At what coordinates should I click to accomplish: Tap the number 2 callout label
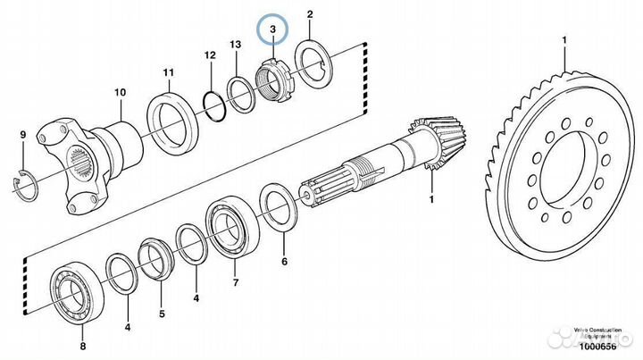pyautogui.click(x=310, y=15)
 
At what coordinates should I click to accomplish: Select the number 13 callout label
pyautogui.click(x=236, y=44)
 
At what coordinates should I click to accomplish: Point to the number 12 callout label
pyautogui.click(x=209, y=56)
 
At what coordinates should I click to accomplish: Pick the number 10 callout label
pyautogui.click(x=120, y=92)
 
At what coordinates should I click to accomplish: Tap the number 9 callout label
pyautogui.click(x=23, y=135)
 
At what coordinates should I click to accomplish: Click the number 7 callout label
pyautogui.click(x=236, y=283)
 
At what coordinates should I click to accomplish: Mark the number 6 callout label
pyautogui.click(x=284, y=263)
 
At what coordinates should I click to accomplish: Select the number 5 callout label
pyautogui.click(x=162, y=314)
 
